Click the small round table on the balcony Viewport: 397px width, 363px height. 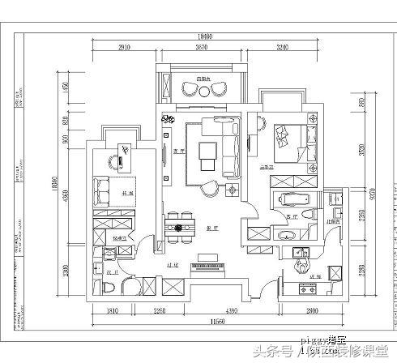[x=202, y=92]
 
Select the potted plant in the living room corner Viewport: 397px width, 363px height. [x=234, y=192]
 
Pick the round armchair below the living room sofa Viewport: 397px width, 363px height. [x=209, y=187]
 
